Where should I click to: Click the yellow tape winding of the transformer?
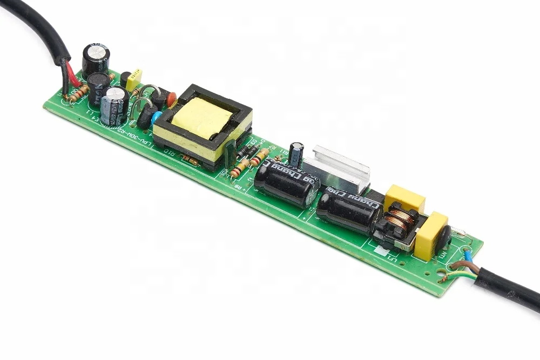pos(204,118)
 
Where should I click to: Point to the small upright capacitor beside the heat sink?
pos(296,153)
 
